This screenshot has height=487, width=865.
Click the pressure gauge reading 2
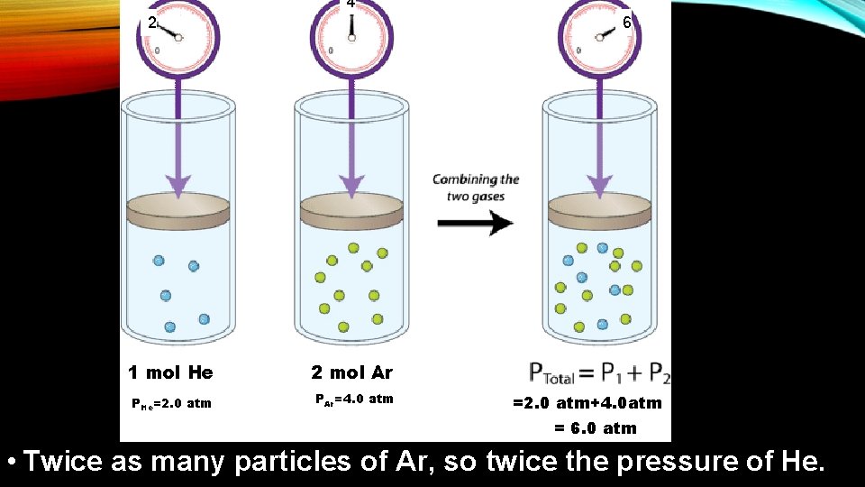(178, 37)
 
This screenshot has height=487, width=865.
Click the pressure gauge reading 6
(599, 37)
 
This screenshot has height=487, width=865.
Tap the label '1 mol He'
(170, 372)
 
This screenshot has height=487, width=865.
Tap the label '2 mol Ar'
(352, 372)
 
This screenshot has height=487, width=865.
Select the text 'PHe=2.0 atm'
(171, 403)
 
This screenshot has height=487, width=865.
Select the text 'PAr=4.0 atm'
(353, 399)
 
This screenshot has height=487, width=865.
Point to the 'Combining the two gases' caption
(475, 188)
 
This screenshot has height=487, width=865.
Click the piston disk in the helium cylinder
(178, 212)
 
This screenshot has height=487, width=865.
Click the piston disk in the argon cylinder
(352, 212)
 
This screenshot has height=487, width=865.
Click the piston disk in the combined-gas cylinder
(599, 212)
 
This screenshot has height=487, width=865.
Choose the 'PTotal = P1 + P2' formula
(599, 372)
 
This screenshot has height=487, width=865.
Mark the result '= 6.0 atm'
(595, 428)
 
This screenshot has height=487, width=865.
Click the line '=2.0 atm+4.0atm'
(587, 403)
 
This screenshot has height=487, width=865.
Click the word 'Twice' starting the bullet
(63, 462)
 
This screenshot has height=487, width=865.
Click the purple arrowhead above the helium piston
(178, 186)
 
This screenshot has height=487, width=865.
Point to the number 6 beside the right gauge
(627, 23)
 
